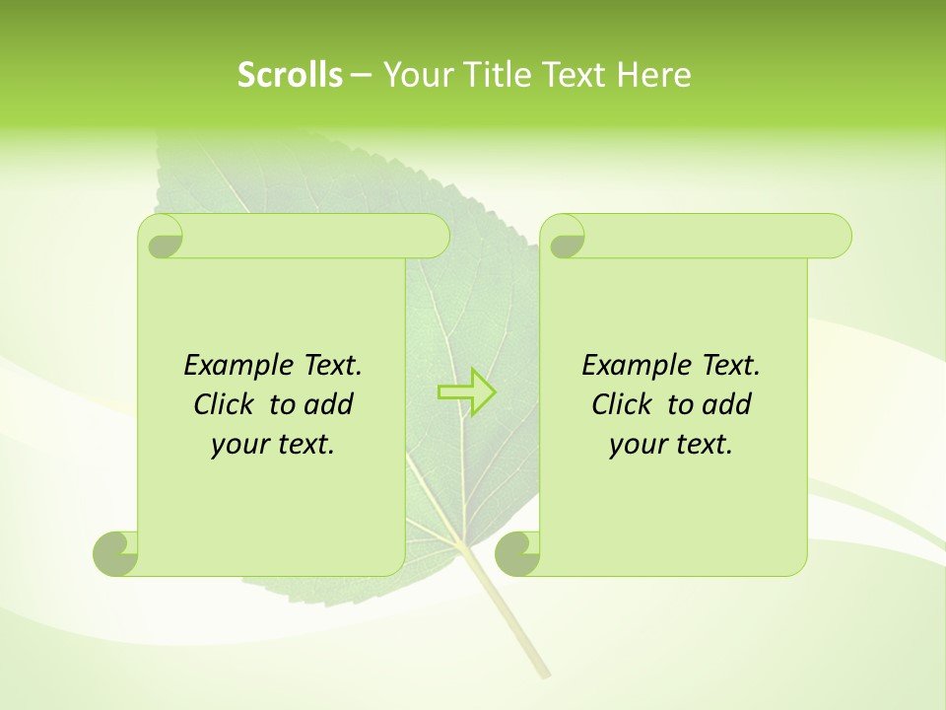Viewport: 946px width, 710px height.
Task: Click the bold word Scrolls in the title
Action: click(x=291, y=75)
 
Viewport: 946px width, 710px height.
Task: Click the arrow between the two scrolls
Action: click(x=466, y=391)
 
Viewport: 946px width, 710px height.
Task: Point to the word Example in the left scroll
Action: click(x=233, y=365)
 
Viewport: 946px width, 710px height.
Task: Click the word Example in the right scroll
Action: click(x=631, y=365)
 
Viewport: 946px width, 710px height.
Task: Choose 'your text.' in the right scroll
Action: click(x=671, y=444)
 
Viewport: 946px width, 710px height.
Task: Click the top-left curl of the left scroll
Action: click(x=163, y=238)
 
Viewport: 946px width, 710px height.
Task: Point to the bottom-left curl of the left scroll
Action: click(x=115, y=553)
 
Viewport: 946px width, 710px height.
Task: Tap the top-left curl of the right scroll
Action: click(x=566, y=238)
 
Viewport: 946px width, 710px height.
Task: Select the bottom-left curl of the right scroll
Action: click(x=516, y=553)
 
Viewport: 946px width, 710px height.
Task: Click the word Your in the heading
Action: click(x=414, y=75)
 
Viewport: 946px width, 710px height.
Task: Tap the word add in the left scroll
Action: click(x=329, y=404)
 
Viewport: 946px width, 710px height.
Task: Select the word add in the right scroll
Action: click(x=727, y=404)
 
